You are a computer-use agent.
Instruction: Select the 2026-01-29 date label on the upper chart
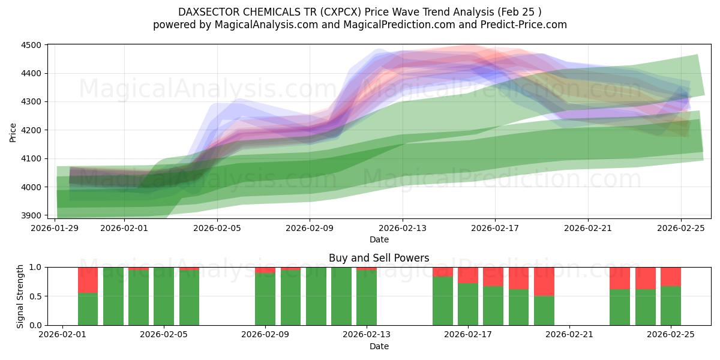[x=55, y=228]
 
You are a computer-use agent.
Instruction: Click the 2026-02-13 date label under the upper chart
[x=403, y=228]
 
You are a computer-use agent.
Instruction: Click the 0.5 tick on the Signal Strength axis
[x=35, y=296]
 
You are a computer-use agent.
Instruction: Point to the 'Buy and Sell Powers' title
[x=379, y=259]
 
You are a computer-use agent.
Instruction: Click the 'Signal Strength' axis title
[x=20, y=296]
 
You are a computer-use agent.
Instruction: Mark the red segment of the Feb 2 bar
[x=88, y=280]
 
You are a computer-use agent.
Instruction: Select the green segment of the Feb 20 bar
[x=544, y=311]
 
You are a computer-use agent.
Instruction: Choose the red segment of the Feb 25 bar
[x=670, y=277]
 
